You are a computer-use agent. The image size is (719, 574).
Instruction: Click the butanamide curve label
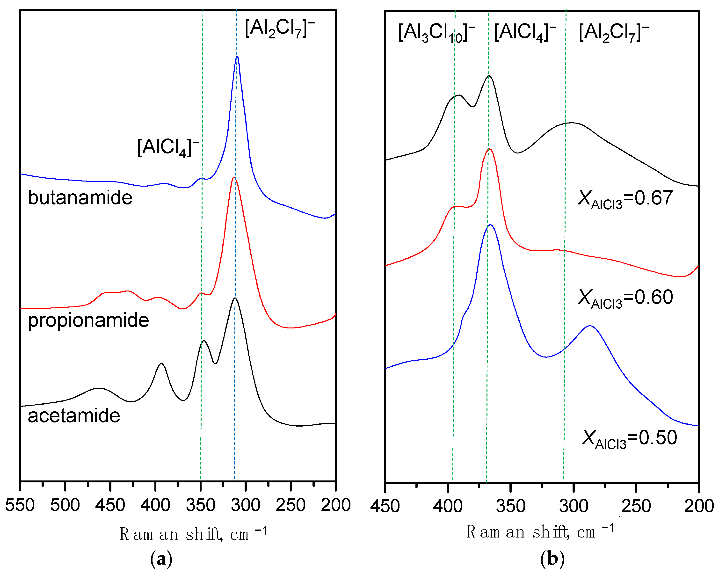(80, 197)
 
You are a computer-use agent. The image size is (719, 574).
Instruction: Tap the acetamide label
(74, 416)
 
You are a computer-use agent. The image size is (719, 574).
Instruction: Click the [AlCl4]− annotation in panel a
(168, 147)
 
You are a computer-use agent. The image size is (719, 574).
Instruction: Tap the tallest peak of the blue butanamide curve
(237, 57)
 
